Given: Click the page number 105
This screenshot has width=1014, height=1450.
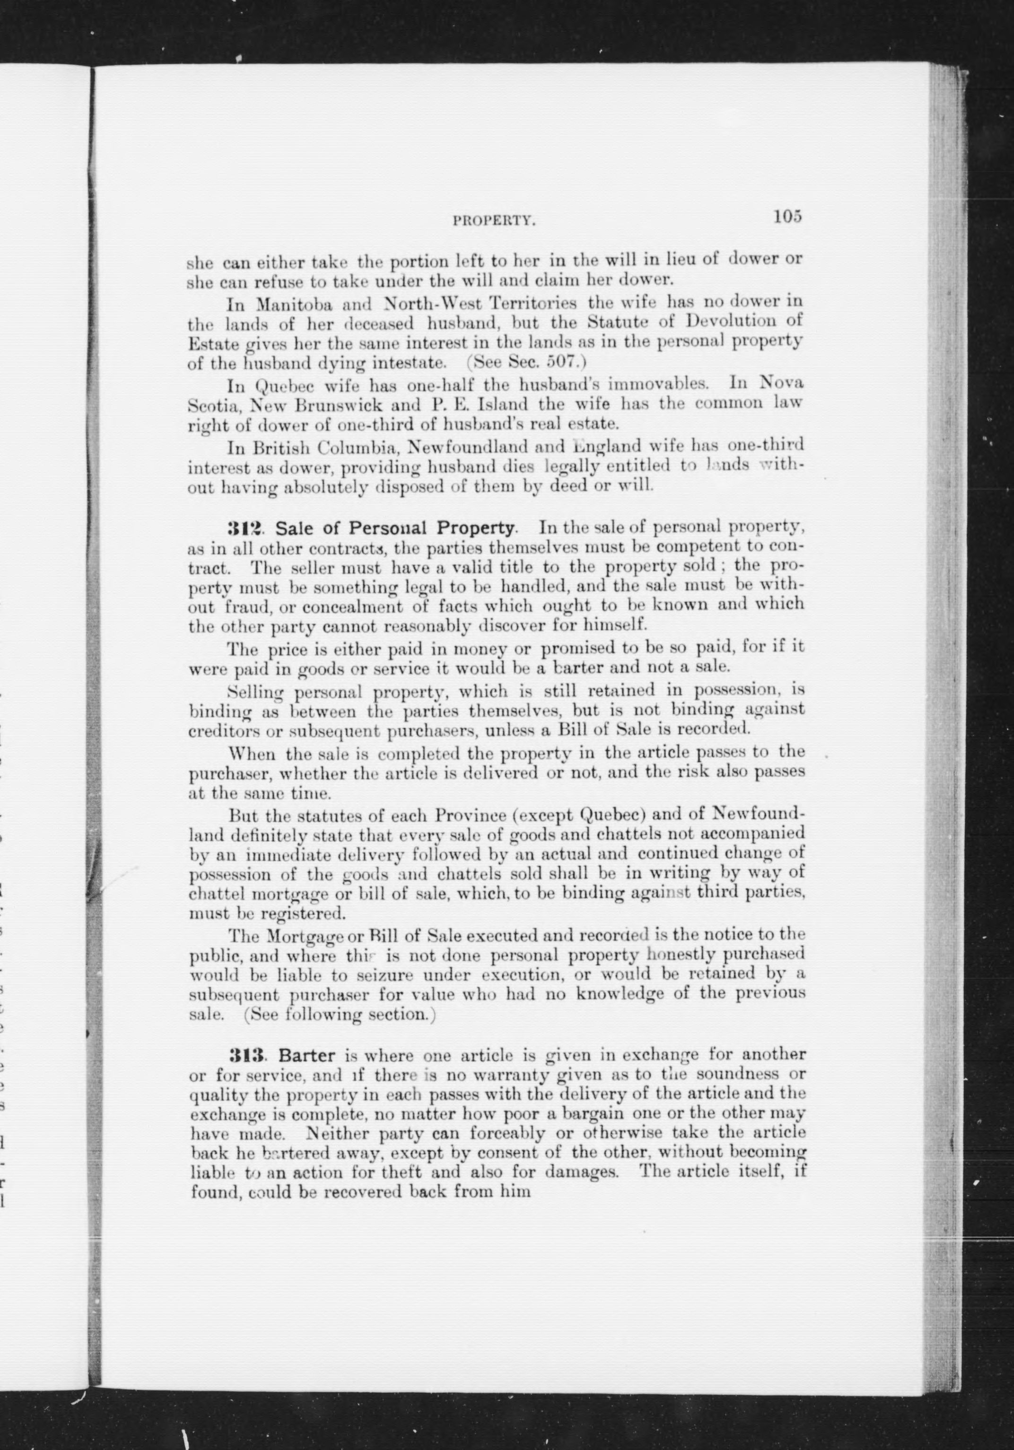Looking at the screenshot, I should click(787, 216).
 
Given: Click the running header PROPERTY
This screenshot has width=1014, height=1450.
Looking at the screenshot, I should click(494, 220).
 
